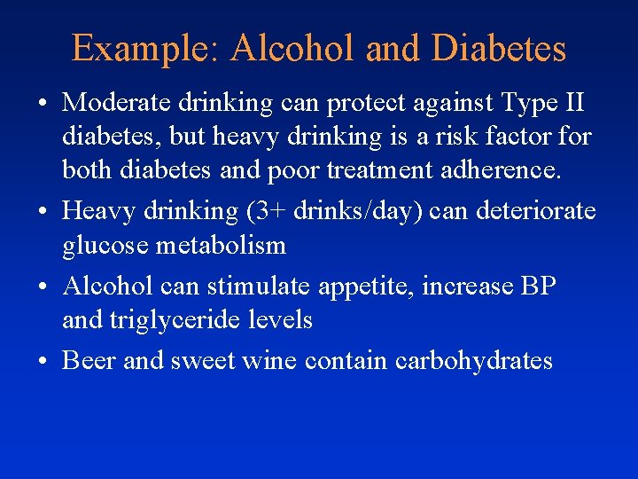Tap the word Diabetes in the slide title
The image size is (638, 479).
click(498, 48)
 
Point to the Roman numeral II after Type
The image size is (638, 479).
click(572, 103)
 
